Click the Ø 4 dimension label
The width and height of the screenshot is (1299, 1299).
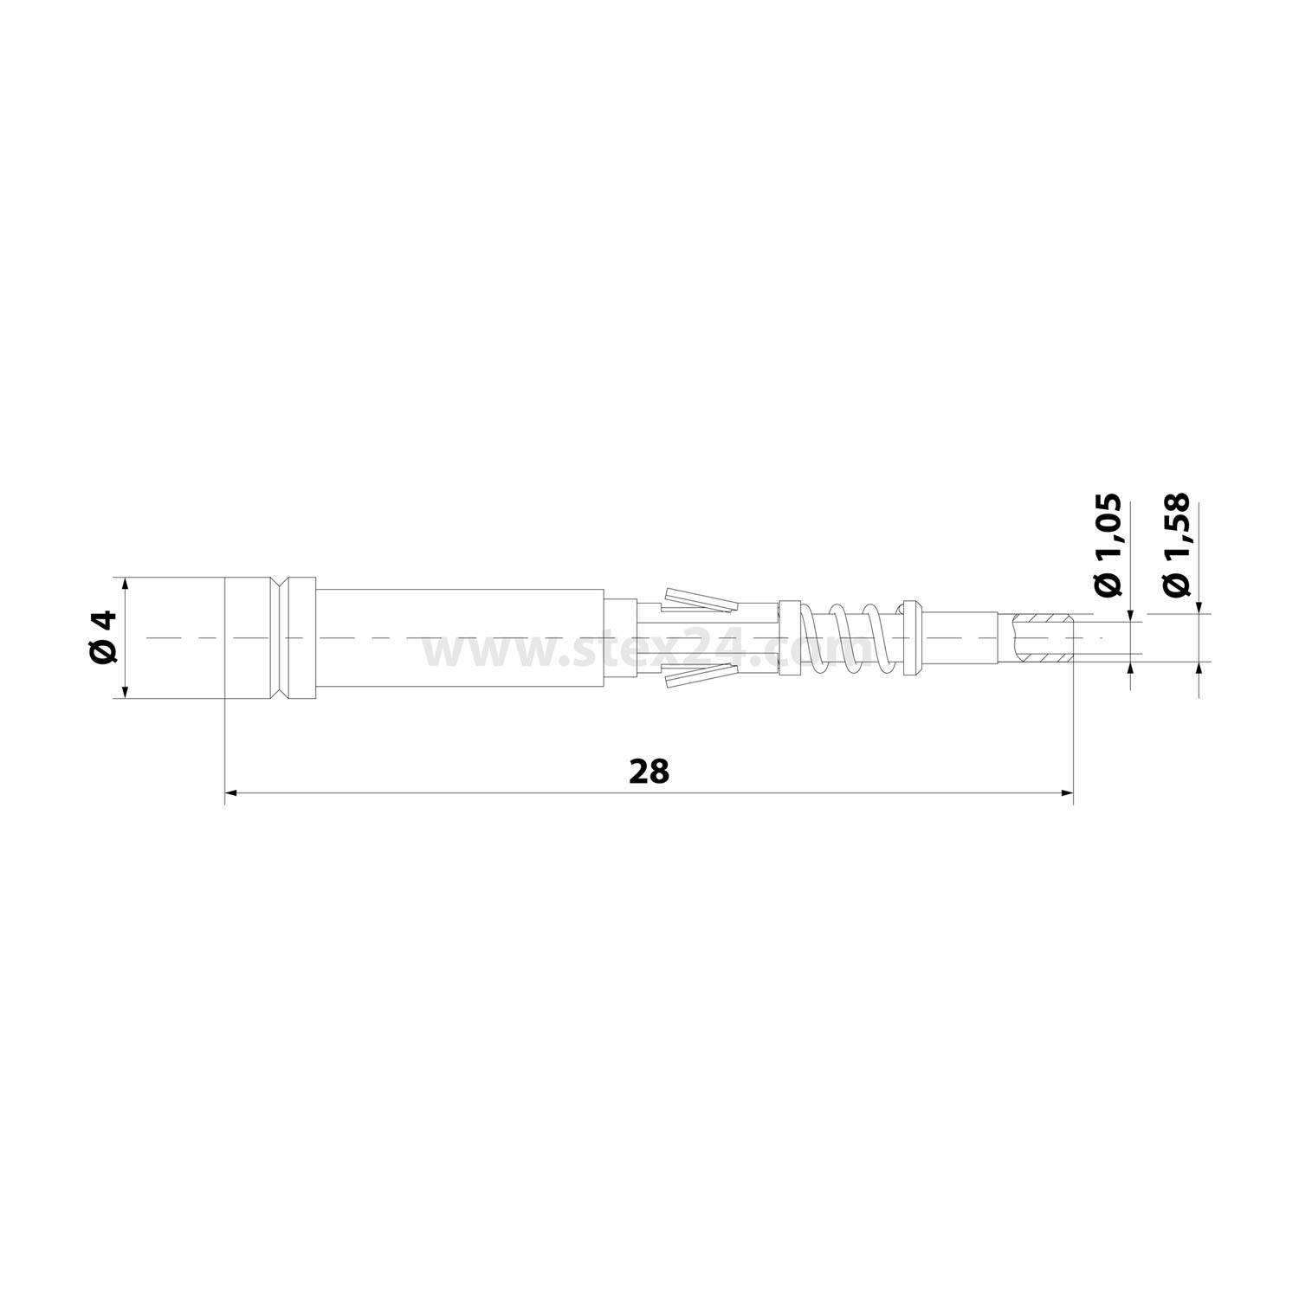[x=103, y=637]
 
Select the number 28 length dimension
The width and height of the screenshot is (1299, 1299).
[x=649, y=772]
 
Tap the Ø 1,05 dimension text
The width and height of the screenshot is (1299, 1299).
[x=1108, y=545]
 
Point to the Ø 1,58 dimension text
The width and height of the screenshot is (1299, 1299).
[x=1176, y=545]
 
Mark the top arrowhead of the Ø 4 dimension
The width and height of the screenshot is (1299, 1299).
[x=126, y=585]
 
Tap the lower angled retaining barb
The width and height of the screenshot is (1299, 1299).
[x=700, y=678]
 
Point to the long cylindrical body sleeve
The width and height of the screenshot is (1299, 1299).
[x=459, y=638]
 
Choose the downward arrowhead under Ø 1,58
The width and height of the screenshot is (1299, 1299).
[x=1199, y=608]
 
